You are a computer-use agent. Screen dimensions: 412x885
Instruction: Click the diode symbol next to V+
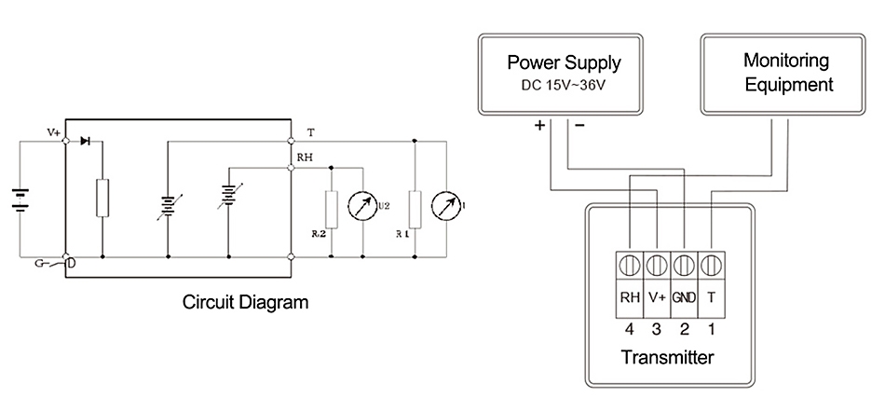(x=86, y=142)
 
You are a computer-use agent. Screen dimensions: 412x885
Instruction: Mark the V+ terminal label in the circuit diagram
(x=54, y=133)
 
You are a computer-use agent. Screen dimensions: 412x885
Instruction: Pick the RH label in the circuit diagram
(x=304, y=158)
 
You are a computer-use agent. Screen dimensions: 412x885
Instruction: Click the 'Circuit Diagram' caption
(x=245, y=302)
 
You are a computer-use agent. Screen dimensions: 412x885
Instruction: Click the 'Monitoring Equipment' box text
(x=786, y=73)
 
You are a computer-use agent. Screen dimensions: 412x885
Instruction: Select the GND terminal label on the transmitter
(x=685, y=298)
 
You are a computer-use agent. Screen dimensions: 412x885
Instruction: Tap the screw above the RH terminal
(x=630, y=264)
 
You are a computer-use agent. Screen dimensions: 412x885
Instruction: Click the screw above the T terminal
(x=712, y=264)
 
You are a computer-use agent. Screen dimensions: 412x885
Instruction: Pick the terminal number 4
(x=630, y=328)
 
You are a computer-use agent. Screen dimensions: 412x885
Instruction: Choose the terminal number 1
(x=712, y=328)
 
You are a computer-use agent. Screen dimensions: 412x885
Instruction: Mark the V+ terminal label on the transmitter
(x=657, y=298)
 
